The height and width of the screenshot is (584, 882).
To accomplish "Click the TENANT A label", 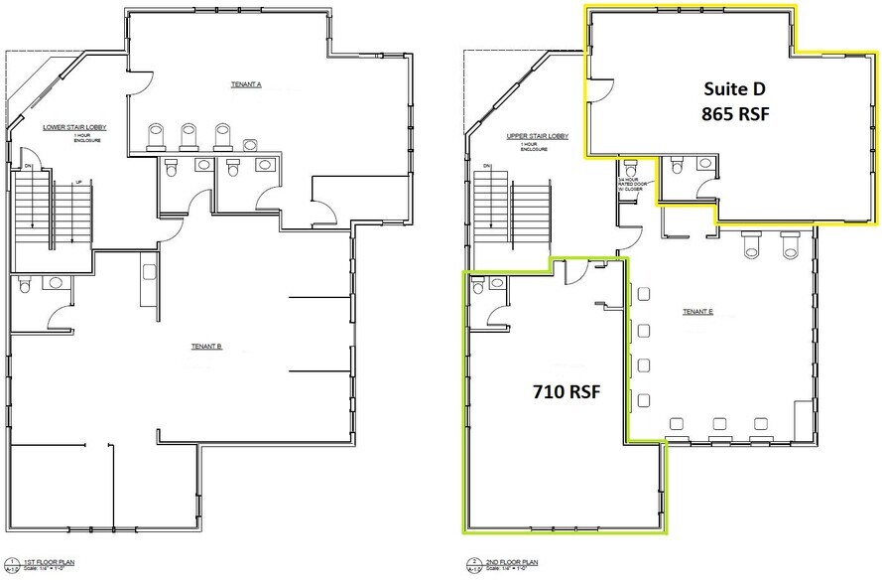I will [x=246, y=85].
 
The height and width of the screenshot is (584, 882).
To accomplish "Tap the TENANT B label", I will [x=205, y=347].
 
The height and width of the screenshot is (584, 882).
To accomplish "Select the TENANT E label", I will [x=698, y=312].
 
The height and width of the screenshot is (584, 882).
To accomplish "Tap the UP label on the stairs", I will [x=78, y=181].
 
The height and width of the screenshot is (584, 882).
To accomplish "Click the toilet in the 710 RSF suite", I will [x=477, y=284].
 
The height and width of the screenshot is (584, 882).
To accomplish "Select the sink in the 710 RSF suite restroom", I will [x=496, y=284].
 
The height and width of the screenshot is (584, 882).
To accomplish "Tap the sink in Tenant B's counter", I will [x=149, y=271].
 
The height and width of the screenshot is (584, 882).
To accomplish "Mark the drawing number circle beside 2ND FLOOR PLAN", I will [x=471, y=563].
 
